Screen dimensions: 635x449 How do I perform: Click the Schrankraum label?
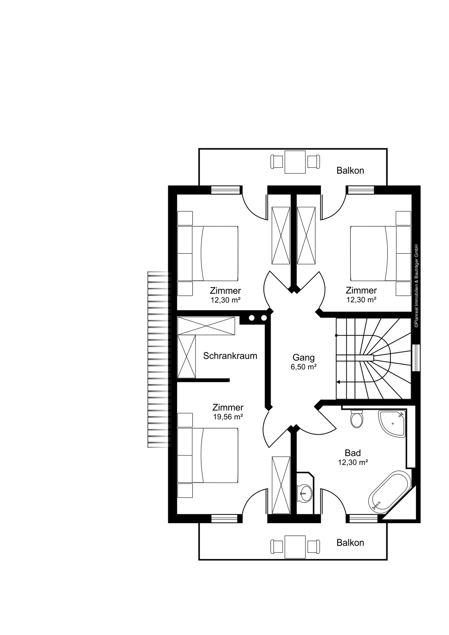pos(230,356)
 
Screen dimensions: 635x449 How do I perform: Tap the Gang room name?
pos(303,358)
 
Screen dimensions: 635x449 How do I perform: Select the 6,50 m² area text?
pos(303,367)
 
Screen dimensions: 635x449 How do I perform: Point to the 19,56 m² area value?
pos(228,417)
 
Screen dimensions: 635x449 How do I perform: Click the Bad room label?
pos(353,453)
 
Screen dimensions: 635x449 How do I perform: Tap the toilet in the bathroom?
pos(357,419)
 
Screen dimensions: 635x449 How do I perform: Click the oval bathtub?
pos(389,492)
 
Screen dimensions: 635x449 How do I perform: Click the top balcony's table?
pos(295,162)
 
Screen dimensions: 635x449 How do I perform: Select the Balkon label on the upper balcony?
pos(350,171)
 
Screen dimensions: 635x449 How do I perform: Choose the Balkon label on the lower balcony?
pos(350,543)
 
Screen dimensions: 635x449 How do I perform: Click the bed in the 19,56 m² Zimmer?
pos(212,455)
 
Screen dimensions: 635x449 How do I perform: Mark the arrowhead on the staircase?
pos(338,382)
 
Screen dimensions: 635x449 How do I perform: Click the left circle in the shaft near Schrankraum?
pos(252,318)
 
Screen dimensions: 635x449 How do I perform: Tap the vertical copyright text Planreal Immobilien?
pos(416,286)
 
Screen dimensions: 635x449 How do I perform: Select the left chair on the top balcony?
pos(277,162)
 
